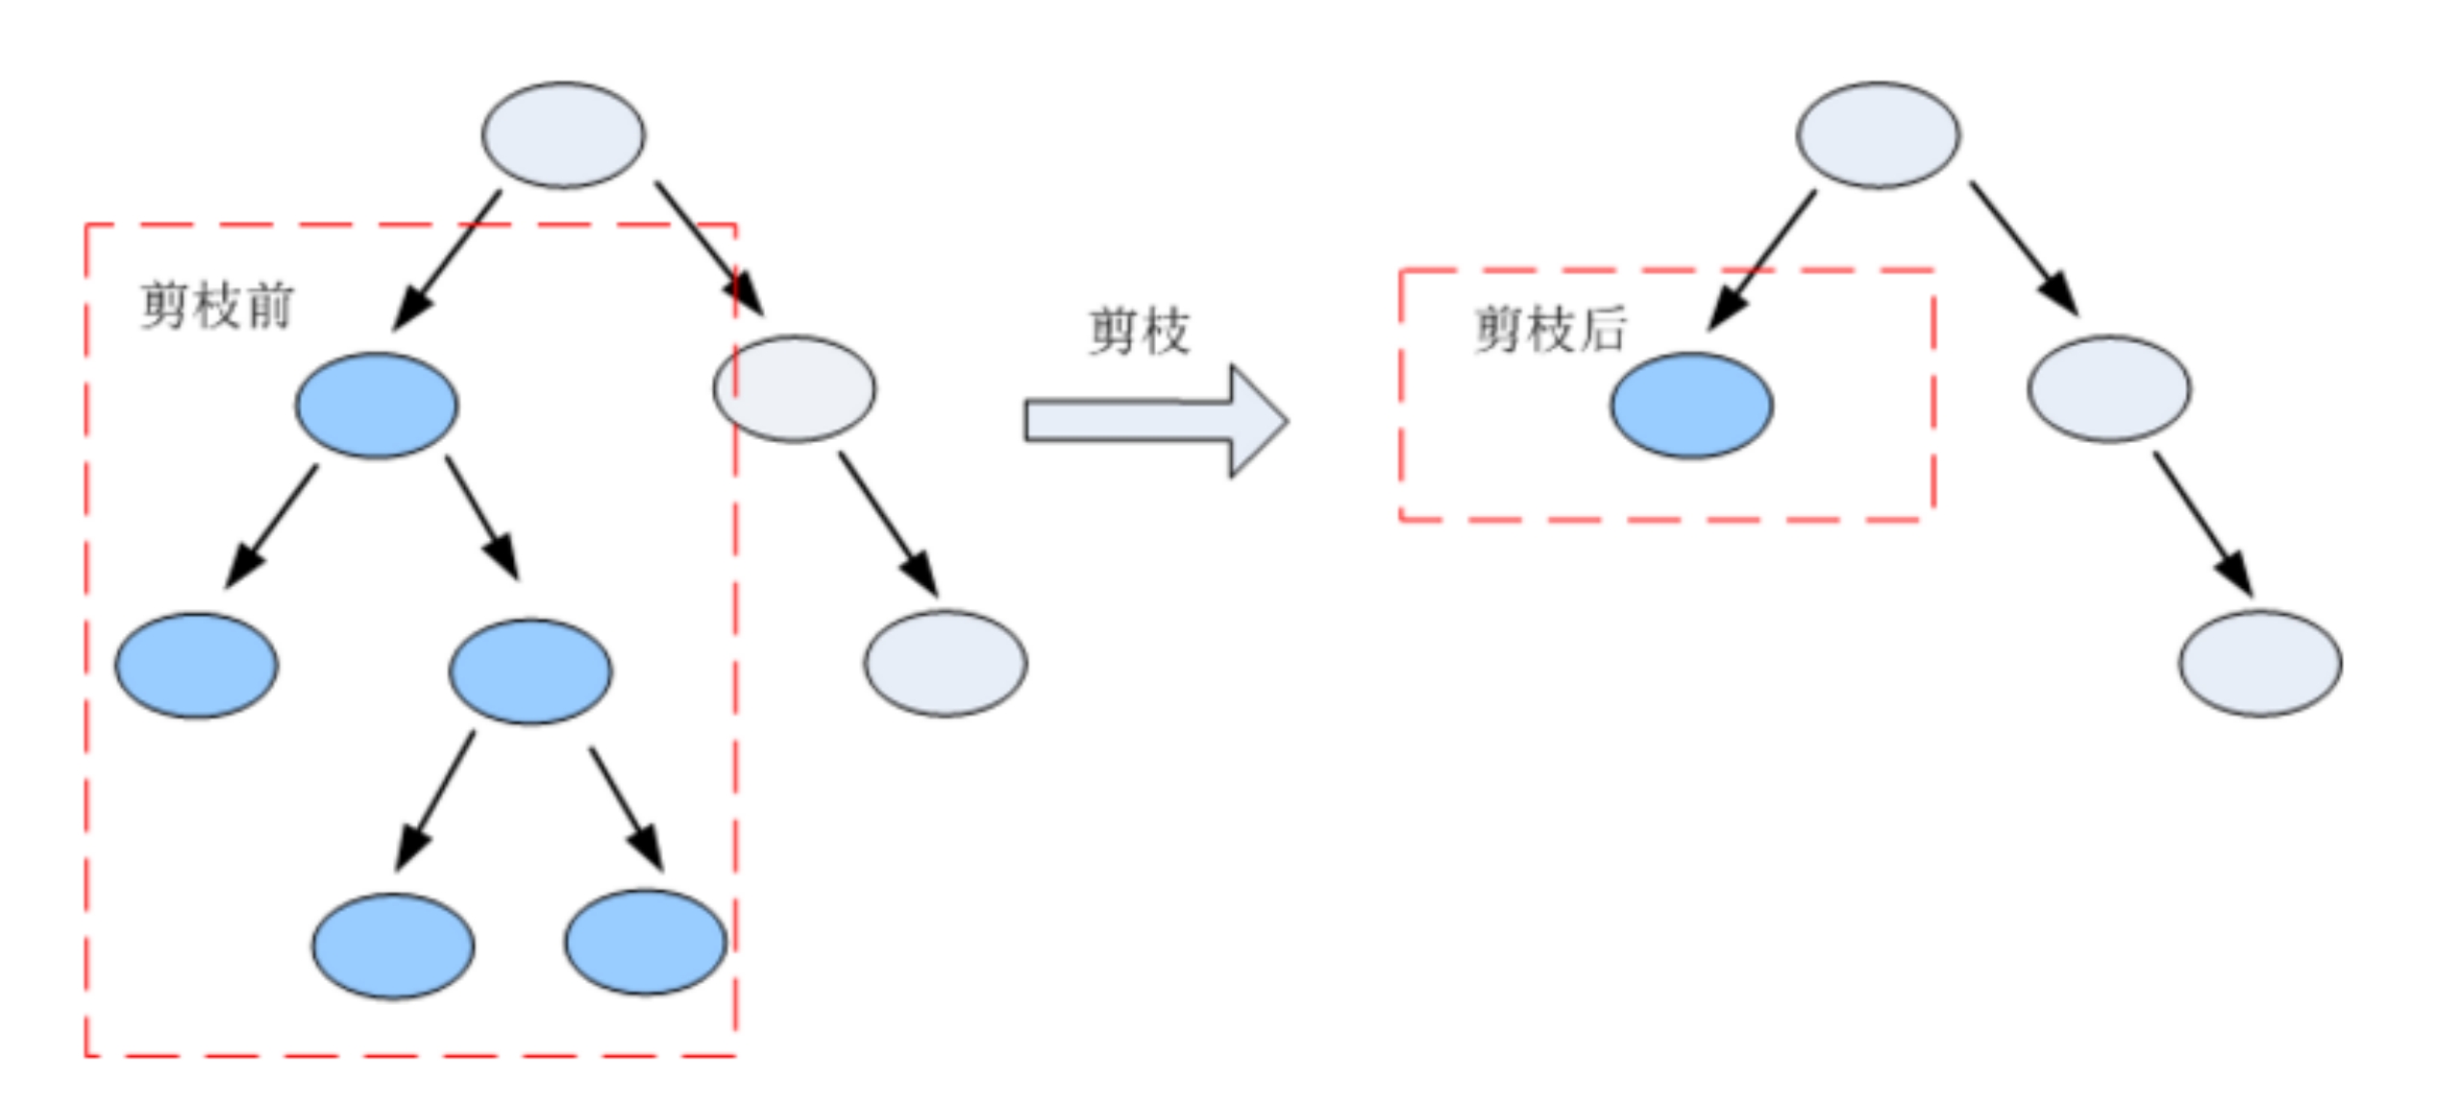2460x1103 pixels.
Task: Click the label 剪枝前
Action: point(216,306)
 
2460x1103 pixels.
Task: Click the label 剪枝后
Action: point(1550,330)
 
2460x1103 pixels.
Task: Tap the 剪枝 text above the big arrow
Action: point(1139,331)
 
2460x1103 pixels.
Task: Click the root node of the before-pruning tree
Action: point(563,135)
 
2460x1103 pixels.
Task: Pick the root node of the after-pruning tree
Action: point(1878,135)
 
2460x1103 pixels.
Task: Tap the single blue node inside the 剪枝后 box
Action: point(1691,405)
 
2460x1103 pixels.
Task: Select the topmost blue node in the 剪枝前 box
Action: point(377,405)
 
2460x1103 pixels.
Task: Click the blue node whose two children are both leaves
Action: point(529,671)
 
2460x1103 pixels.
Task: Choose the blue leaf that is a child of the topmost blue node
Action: point(197,665)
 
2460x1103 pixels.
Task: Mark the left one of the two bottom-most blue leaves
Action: point(393,945)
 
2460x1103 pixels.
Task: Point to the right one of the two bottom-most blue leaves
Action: point(646,942)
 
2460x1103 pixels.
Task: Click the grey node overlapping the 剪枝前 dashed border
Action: point(795,388)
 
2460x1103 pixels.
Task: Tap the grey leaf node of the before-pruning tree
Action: point(946,663)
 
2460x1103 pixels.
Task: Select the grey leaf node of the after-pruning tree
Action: point(2260,663)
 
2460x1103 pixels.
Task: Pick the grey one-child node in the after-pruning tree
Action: point(2109,388)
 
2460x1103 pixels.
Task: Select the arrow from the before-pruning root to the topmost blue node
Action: point(448,259)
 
